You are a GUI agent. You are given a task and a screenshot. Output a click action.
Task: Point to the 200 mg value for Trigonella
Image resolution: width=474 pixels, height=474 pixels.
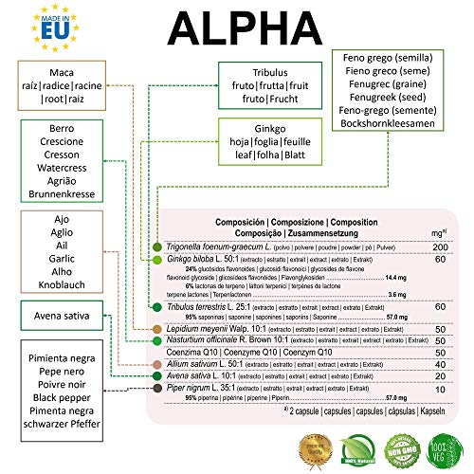click(439, 246)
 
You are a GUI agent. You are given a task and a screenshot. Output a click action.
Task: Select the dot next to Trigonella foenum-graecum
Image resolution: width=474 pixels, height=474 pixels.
click(158, 247)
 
